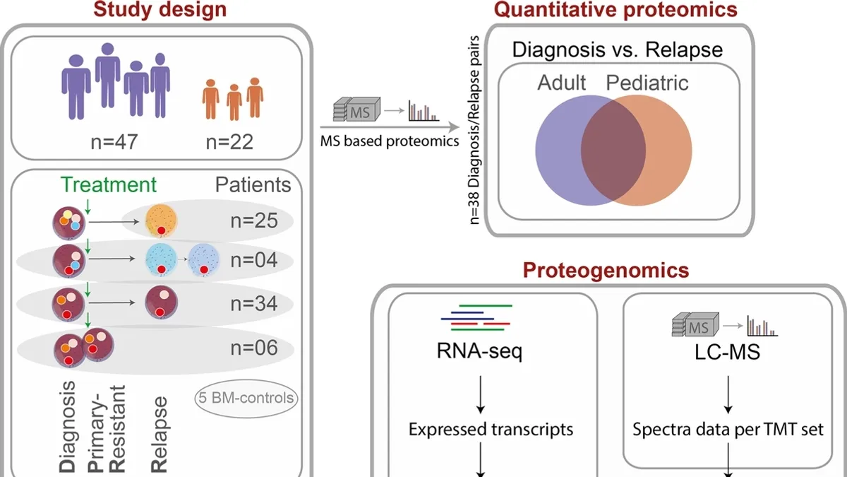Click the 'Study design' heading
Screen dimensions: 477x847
click(x=162, y=9)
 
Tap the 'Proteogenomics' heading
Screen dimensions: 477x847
click(x=606, y=269)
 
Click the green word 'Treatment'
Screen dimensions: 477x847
click(x=109, y=185)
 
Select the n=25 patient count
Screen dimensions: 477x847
click(x=254, y=220)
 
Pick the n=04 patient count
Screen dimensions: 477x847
click(x=254, y=261)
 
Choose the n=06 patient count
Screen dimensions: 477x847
click(x=254, y=348)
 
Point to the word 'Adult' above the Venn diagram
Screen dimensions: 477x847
click(x=562, y=83)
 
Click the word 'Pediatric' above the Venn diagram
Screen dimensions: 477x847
click(x=647, y=83)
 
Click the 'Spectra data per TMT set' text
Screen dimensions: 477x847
click(x=728, y=429)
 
